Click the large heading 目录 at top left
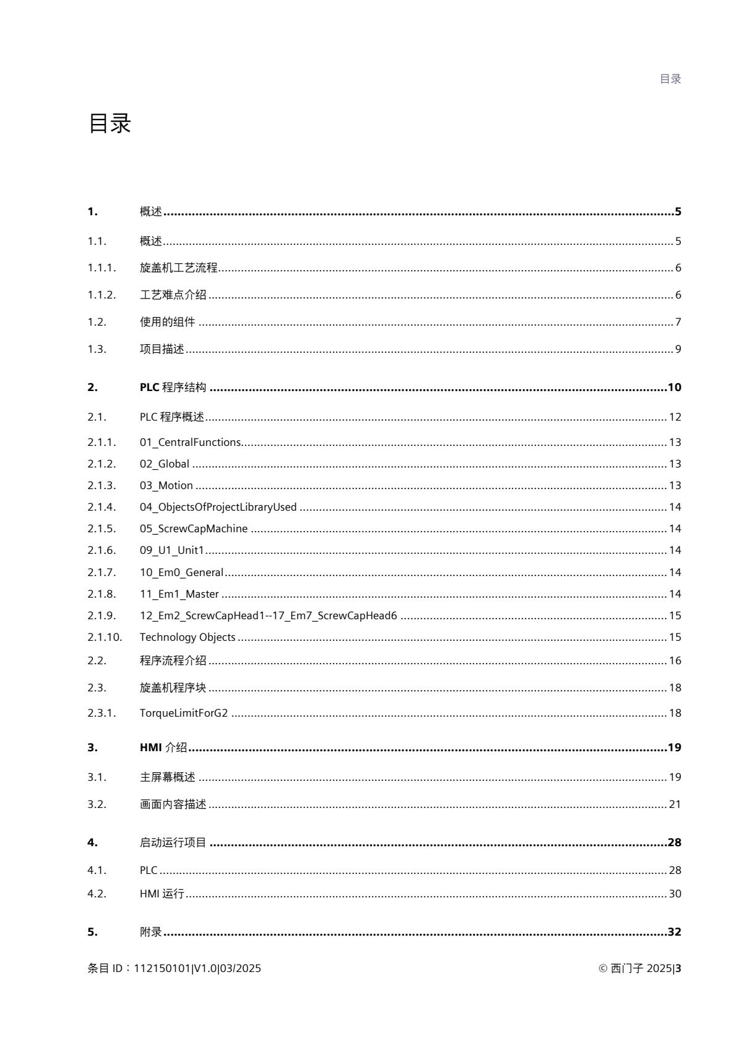point(110,124)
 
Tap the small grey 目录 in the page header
point(670,79)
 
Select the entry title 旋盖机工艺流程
point(178,268)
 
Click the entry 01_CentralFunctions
point(190,442)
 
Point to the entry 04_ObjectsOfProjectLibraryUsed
point(218,507)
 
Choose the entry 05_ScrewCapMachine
point(193,529)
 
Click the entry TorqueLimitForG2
point(183,713)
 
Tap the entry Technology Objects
point(187,637)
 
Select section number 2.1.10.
point(104,637)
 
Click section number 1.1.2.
point(101,295)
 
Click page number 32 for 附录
point(674,932)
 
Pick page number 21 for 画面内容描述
point(675,804)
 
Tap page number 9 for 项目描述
point(678,349)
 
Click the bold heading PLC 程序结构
point(173,387)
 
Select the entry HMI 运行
point(162,894)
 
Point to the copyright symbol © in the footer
point(603,968)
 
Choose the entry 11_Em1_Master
point(179,594)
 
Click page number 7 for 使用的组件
point(678,322)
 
